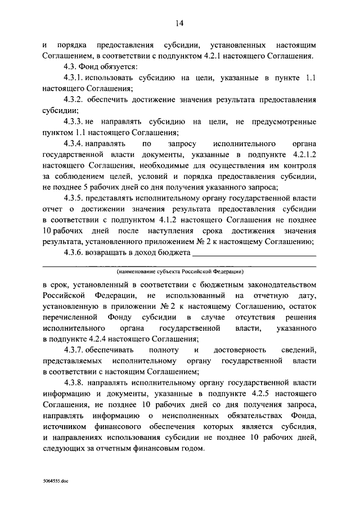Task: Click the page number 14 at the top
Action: point(179,23)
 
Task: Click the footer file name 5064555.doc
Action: point(56,482)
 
